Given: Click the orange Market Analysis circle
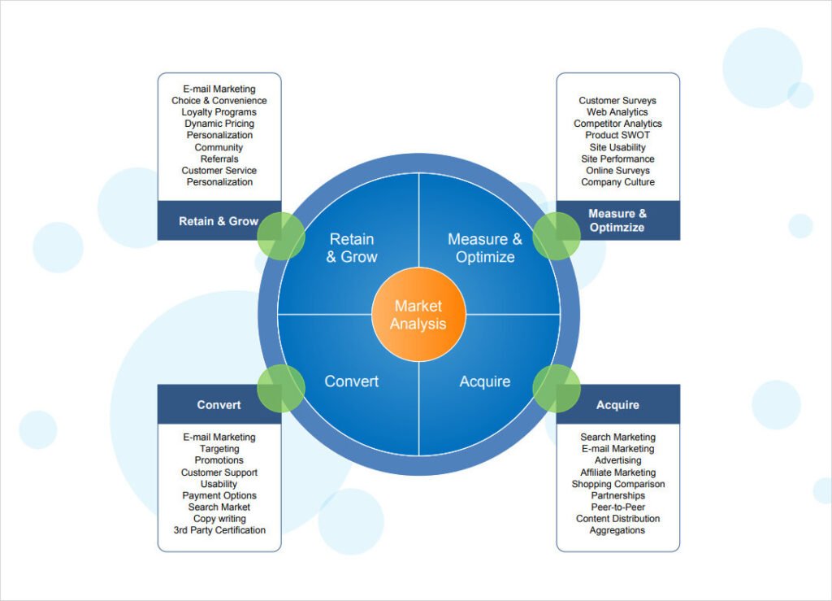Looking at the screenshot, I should (x=418, y=315).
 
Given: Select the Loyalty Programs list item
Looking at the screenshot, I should (x=219, y=112).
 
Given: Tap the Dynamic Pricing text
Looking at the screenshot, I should (x=219, y=124).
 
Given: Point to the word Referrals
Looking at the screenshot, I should (x=219, y=159).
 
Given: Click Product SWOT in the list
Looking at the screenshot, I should (x=617, y=135).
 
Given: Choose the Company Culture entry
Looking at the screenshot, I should (x=617, y=182).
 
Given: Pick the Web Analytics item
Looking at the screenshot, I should (x=617, y=112).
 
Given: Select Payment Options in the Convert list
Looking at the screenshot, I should (x=219, y=495).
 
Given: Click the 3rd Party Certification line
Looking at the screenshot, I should (x=219, y=530).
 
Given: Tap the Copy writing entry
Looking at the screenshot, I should (x=219, y=518).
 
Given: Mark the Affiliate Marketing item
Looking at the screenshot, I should (x=617, y=472).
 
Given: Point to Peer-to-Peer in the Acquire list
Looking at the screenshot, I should (x=617, y=507).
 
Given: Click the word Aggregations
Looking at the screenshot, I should (x=617, y=530).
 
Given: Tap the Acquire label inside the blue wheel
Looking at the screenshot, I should (x=484, y=381).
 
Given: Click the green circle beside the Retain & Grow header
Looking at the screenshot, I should (x=281, y=236).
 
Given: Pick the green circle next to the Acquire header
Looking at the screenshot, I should (x=557, y=388).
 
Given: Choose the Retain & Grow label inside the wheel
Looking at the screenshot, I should (x=352, y=248).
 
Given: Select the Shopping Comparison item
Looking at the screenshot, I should (x=617, y=484).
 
